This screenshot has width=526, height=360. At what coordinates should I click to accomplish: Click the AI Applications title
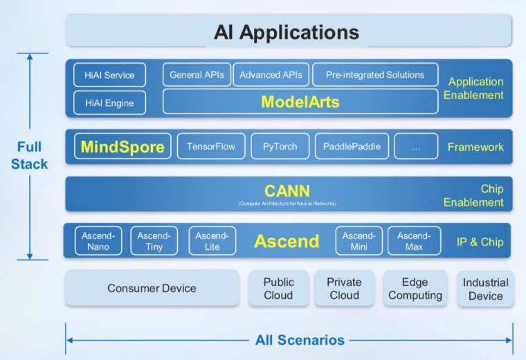(287, 32)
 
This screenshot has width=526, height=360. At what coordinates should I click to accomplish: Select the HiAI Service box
(109, 75)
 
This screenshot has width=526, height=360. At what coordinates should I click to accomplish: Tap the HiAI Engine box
(109, 103)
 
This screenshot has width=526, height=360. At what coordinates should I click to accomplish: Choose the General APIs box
(197, 75)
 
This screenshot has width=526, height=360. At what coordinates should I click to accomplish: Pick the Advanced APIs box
(271, 75)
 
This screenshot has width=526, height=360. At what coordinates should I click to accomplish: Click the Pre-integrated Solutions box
(374, 75)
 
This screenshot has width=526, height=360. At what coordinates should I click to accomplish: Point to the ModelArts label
(300, 102)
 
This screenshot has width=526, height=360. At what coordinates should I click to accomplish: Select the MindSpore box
(123, 147)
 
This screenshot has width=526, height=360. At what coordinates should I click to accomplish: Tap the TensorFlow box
(211, 147)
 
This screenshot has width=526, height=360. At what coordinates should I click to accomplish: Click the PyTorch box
(280, 147)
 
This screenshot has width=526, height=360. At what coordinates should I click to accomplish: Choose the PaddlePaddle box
(352, 147)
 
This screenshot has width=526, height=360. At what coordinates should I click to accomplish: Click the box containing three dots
(416, 147)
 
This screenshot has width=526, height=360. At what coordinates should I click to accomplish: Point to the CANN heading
(287, 190)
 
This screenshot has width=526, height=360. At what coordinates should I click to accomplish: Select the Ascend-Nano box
(98, 241)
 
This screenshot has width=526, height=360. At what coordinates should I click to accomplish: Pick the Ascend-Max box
(414, 241)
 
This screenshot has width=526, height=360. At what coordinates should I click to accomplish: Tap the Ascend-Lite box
(212, 241)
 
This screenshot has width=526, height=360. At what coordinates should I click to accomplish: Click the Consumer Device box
(152, 288)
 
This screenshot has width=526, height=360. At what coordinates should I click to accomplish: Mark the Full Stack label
(30, 155)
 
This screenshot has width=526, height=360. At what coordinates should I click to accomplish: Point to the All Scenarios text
(300, 340)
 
